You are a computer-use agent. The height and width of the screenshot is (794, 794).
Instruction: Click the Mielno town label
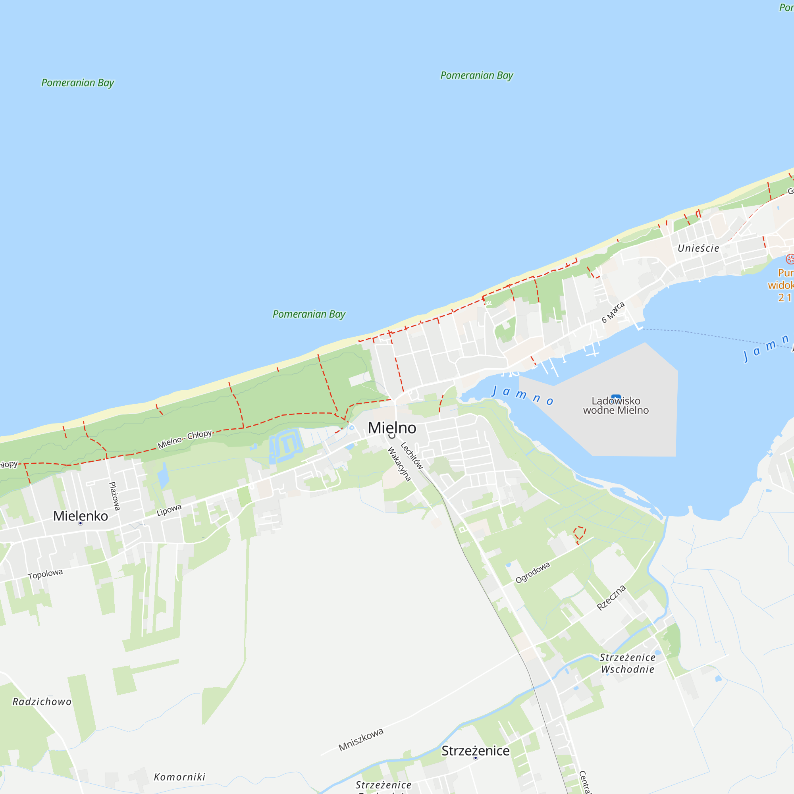[x=392, y=428]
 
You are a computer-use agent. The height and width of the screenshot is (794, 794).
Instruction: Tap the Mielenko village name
[x=81, y=516]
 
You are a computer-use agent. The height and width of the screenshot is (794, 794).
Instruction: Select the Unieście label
[x=698, y=248]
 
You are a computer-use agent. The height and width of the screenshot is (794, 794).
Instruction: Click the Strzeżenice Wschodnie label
[x=628, y=663]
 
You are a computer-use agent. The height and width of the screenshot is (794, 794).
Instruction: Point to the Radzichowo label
[x=42, y=701]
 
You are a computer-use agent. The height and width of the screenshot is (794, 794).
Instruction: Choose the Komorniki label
[x=179, y=777]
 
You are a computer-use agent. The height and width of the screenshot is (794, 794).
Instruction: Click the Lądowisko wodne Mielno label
[x=616, y=405]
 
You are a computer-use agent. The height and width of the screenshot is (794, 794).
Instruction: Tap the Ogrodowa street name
[x=533, y=572]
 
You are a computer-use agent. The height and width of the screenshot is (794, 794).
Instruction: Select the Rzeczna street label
[x=611, y=597]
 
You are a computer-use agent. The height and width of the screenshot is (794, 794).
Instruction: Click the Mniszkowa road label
[x=361, y=739]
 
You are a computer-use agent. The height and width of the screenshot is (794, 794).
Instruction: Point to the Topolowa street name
[x=45, y=574]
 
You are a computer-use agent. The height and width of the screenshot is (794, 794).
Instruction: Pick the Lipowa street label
[x=169, y=510]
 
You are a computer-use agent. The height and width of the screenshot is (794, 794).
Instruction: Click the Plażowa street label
[x=115, y=496]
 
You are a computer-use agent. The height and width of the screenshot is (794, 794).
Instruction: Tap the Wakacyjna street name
[x=399, y=464]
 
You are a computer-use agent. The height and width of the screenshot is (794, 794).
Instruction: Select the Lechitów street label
[x=411, y=455]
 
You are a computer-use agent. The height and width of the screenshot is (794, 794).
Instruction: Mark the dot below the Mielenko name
[x=81, y=524]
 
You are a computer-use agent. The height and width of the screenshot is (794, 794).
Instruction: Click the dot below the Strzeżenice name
[x=476, y=758]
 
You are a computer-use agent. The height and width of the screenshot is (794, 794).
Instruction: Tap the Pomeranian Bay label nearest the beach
[x=309, y=314]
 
